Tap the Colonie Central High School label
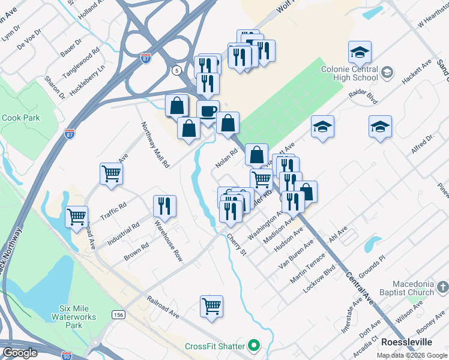pos(357,73)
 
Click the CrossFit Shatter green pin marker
pos(254,346)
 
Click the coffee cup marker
pos(208,111)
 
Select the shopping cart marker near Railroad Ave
pos(212,306)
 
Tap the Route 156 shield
pos(118,314)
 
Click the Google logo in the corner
pos(20,353)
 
